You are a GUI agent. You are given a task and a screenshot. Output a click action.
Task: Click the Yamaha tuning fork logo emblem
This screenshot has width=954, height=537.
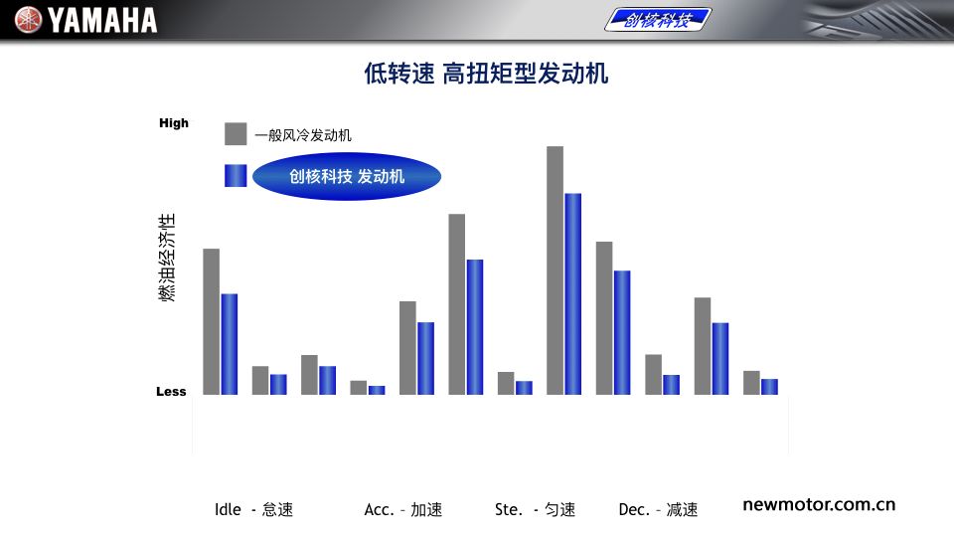pos(28,20)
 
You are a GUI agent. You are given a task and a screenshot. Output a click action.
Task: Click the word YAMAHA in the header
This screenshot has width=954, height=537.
pos(102,20)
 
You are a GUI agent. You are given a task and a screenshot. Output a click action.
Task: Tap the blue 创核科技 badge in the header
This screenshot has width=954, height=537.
pos(658,20)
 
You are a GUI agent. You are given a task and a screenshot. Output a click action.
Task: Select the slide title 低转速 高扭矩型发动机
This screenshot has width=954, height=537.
pos(486,74)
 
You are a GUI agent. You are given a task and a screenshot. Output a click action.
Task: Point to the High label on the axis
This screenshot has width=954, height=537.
pos(173,123)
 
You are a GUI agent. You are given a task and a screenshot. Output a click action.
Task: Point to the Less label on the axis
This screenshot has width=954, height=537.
pos(171,392)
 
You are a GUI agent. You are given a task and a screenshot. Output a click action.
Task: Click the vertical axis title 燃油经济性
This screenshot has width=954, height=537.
pos(167,257)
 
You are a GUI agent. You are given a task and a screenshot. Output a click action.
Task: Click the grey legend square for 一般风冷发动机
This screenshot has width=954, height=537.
pos(236,134)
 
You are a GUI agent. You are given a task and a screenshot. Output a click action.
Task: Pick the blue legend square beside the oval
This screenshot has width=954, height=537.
pos(236,175)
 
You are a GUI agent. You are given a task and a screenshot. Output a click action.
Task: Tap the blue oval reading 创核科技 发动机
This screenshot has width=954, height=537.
pos(347,177)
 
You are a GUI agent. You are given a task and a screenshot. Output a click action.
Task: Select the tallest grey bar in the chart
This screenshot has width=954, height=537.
pos(555,270)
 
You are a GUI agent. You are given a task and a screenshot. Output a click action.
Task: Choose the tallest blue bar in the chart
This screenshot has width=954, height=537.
pos(573,294)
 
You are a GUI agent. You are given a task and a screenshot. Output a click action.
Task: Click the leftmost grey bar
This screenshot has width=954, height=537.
pos(211,321)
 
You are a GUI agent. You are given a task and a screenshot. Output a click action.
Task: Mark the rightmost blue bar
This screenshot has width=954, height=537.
pos(769,387)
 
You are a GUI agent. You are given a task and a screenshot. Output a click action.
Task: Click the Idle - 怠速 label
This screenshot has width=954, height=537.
pos(253,509)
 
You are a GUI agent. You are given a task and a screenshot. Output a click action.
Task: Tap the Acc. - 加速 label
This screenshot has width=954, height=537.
pos(403,509)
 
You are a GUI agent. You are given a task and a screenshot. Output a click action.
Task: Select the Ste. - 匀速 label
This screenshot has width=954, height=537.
pos(535,509)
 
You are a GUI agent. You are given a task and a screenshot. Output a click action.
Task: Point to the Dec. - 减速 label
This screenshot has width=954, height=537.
pos(658,509)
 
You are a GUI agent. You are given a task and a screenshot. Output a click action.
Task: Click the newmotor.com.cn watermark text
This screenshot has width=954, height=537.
pos(819,505)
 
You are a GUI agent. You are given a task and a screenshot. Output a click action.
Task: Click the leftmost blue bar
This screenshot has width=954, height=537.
pos(230,344)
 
